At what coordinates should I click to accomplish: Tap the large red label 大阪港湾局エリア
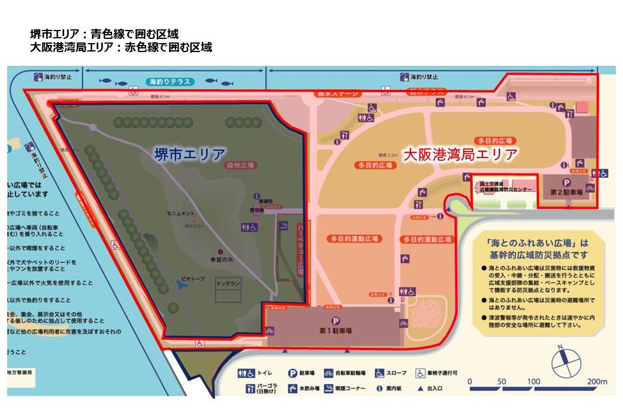tap(459, 154)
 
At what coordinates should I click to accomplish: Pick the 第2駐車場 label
tap(566, 193)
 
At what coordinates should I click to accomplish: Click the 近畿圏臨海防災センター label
tap(502, 189)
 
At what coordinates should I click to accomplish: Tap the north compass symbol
tap(562, 360)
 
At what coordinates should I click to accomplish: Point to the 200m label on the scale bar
tap(597, 381)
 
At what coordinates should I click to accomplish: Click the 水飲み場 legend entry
tap(306, 389)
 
